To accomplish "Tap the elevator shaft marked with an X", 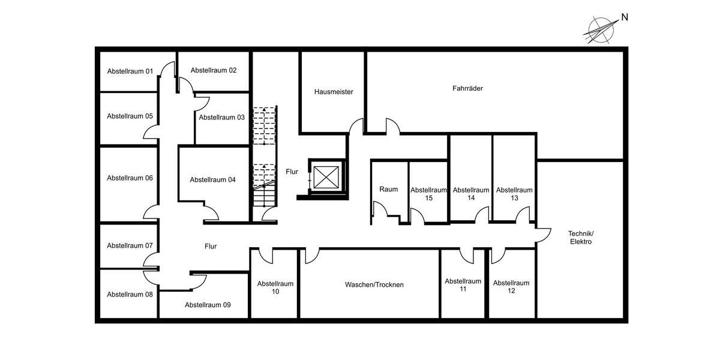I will coord(324,178).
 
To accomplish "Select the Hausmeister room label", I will coord(334,92).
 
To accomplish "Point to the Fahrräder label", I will coord(467,88).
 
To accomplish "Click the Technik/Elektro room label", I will coord(580,237).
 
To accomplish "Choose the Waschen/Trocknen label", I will coord(374,284).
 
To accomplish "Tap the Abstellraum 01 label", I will coord(130,71).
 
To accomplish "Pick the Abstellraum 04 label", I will coord(213,179).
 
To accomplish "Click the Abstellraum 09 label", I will coord(208,305).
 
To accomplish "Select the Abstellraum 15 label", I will coord(428,194).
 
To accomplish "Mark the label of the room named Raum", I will coord(388,189).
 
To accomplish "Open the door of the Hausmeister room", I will coord(357,127).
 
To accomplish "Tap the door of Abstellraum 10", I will coord(267,256).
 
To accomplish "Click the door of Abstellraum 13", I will coord(523,215).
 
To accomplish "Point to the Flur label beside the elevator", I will coord(292,172).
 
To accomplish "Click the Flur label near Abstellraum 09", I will coord(210,246).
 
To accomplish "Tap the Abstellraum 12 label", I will coord(511,287).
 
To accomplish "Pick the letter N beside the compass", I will coord(624,17).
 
